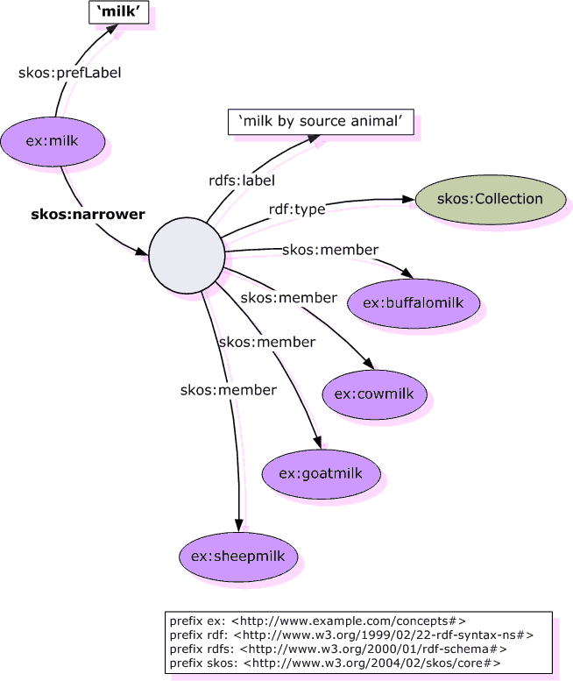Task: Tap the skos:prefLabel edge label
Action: pos(69,73)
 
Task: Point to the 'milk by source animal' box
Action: pos(320,124)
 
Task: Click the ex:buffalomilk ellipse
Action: pos(414,303)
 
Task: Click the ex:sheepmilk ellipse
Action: pos(237,556)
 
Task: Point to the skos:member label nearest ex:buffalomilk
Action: pos(330,250)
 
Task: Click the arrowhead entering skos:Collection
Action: pos(408,201)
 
